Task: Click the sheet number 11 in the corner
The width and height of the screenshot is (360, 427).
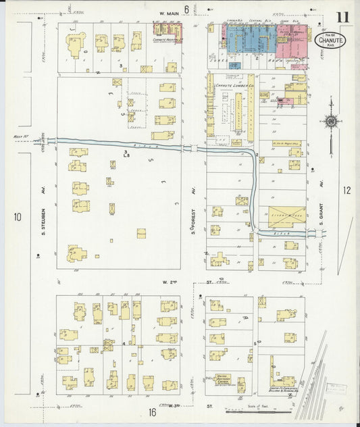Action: tap(344, 18)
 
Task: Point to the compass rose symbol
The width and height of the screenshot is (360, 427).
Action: tap(331, 122)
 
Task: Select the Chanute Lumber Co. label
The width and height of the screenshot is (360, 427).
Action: tap(234, 86)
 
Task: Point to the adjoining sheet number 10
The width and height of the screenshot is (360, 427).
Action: tap(18, 217)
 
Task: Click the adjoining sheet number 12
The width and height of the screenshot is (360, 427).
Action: tap(346, 191)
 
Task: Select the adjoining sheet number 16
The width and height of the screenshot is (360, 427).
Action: tap(153, 412)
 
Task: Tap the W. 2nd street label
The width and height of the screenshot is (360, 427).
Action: tap(168, 280)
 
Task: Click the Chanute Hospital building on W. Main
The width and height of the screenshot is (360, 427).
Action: tap(168, 30)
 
